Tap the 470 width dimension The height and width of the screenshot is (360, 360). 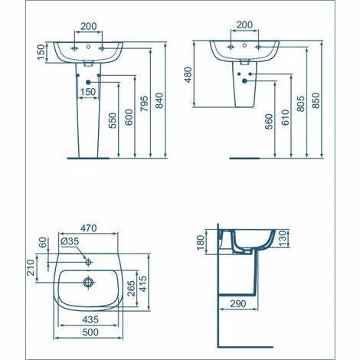click(90, 228)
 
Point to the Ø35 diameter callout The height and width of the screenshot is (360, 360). click(70, 243)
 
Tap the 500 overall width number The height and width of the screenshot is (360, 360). click(90, 334)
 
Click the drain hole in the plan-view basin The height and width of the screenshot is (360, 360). click(89, 282)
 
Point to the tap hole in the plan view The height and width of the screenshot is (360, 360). click(89, 262)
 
